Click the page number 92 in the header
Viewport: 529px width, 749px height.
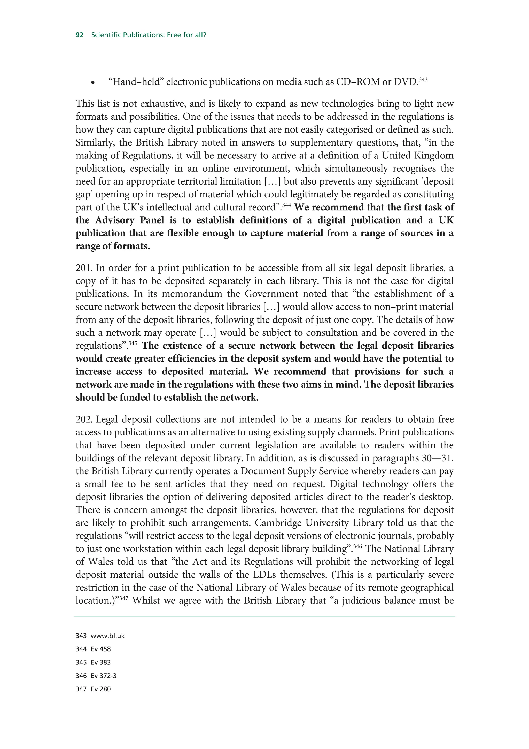80,35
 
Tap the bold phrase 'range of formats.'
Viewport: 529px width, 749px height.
113,246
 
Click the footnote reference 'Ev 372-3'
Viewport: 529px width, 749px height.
104,676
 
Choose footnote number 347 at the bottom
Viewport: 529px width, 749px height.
81,689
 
